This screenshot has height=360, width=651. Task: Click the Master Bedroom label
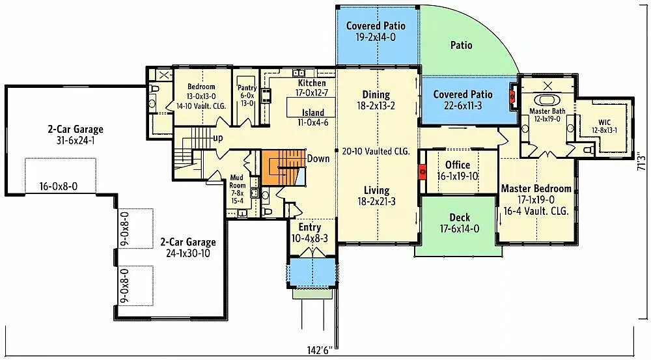[536, 189]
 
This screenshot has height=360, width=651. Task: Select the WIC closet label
[604, 122]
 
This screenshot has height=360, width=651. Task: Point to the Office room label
[458, 165]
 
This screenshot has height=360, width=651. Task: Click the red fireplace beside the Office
[422, 173]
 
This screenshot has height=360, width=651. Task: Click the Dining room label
[376, 95]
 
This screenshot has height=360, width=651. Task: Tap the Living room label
[376, 191]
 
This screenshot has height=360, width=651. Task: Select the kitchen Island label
[312, 113]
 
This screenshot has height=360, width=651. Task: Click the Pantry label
[247, 88]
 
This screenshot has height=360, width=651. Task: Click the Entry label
[309, 227]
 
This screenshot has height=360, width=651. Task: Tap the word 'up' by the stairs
[219, 138]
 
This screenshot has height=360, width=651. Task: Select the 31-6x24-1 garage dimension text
[75, 139]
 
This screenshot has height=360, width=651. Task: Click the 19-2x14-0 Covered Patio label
[376, 37]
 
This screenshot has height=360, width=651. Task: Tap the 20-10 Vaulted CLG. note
[376, 151]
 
